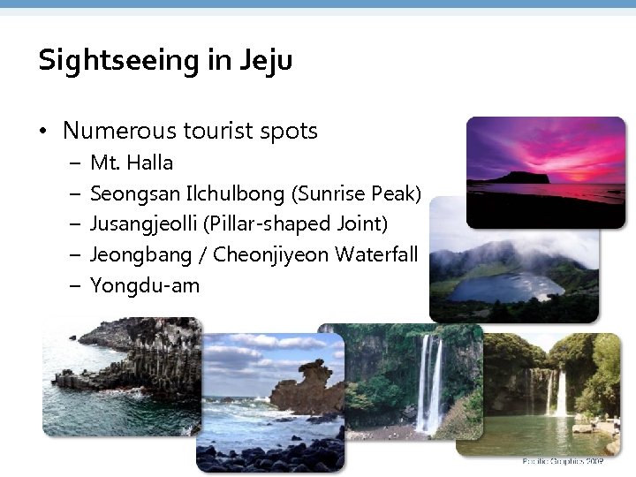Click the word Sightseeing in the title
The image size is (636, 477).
tap(108, 61)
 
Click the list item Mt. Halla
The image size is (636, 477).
tap(132, 163)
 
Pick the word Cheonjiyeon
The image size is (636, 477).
tap(269, 255)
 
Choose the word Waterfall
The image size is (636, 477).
tap(374, 255)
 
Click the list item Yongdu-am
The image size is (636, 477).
tap(145, 286)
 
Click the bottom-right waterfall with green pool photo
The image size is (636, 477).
tap(552, 393)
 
